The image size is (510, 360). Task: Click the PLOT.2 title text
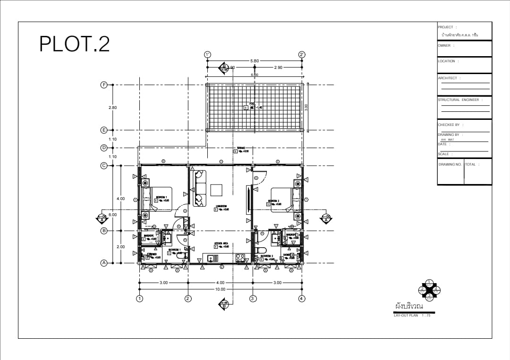point(75,44)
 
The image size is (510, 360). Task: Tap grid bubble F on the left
point(104,85)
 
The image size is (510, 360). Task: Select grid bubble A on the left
point(104,263)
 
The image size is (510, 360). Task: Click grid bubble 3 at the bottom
point(253,298)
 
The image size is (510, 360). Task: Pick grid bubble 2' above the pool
point(302,55)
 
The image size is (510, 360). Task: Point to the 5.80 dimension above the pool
point(254,61)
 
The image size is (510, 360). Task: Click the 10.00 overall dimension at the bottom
point(220,289)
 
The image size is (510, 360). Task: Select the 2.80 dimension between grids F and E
point(112,108)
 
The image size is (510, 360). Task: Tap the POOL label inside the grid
point(252,104)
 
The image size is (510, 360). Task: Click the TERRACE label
point(241,148)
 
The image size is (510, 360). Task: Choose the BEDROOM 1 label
point(161,197)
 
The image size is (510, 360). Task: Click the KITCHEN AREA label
point(221,243)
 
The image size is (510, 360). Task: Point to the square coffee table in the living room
point(217,190)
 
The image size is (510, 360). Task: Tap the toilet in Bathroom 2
point(261,250)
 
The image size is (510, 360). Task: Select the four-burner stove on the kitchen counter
point(240,258)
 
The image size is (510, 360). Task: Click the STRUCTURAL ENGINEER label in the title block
point(459,100)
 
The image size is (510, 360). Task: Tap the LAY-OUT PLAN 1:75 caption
point(412,315)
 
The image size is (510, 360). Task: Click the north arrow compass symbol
point(429,290)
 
